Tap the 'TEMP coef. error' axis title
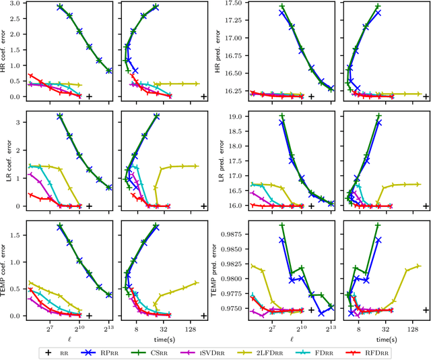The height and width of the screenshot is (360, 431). coord(5,270)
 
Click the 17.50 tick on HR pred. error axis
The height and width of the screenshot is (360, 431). coord(237,4)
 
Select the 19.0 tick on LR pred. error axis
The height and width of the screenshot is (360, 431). coord(240,117)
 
